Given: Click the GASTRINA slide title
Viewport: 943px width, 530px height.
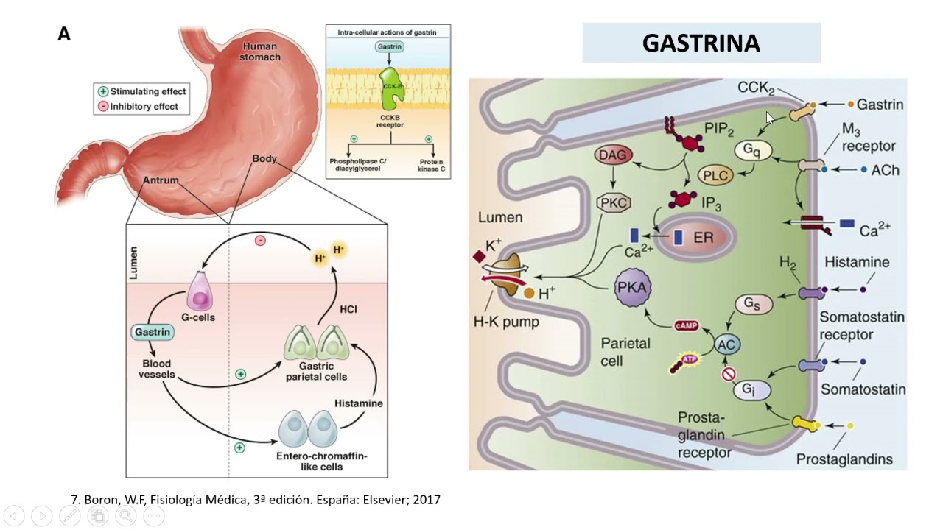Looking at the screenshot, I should click(x=701, y=43).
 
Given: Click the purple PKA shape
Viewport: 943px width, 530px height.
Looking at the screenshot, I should click(x=632, y=288).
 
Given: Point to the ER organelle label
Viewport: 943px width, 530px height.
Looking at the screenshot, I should click(x=703, y=239).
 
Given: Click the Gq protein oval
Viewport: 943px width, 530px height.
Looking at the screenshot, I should click(x=751, y=150).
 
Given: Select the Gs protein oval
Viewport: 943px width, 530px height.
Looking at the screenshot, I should click(x=752, y=303).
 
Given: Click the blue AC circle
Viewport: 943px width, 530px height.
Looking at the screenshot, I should click(x=726, y=344).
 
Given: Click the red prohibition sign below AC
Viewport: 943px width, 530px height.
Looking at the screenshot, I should click(x=728, y=374).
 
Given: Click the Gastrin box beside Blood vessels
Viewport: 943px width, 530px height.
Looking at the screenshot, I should click(x=153, y=332).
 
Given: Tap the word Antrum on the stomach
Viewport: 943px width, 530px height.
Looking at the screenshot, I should click(x=161, y=180).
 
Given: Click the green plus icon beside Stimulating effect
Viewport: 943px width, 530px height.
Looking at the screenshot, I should click(x=103, y=91).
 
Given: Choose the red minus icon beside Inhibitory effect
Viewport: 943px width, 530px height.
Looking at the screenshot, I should click(x=103, y=107).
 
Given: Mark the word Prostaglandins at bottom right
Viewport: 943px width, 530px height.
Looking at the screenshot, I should click(x=844, y=459).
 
